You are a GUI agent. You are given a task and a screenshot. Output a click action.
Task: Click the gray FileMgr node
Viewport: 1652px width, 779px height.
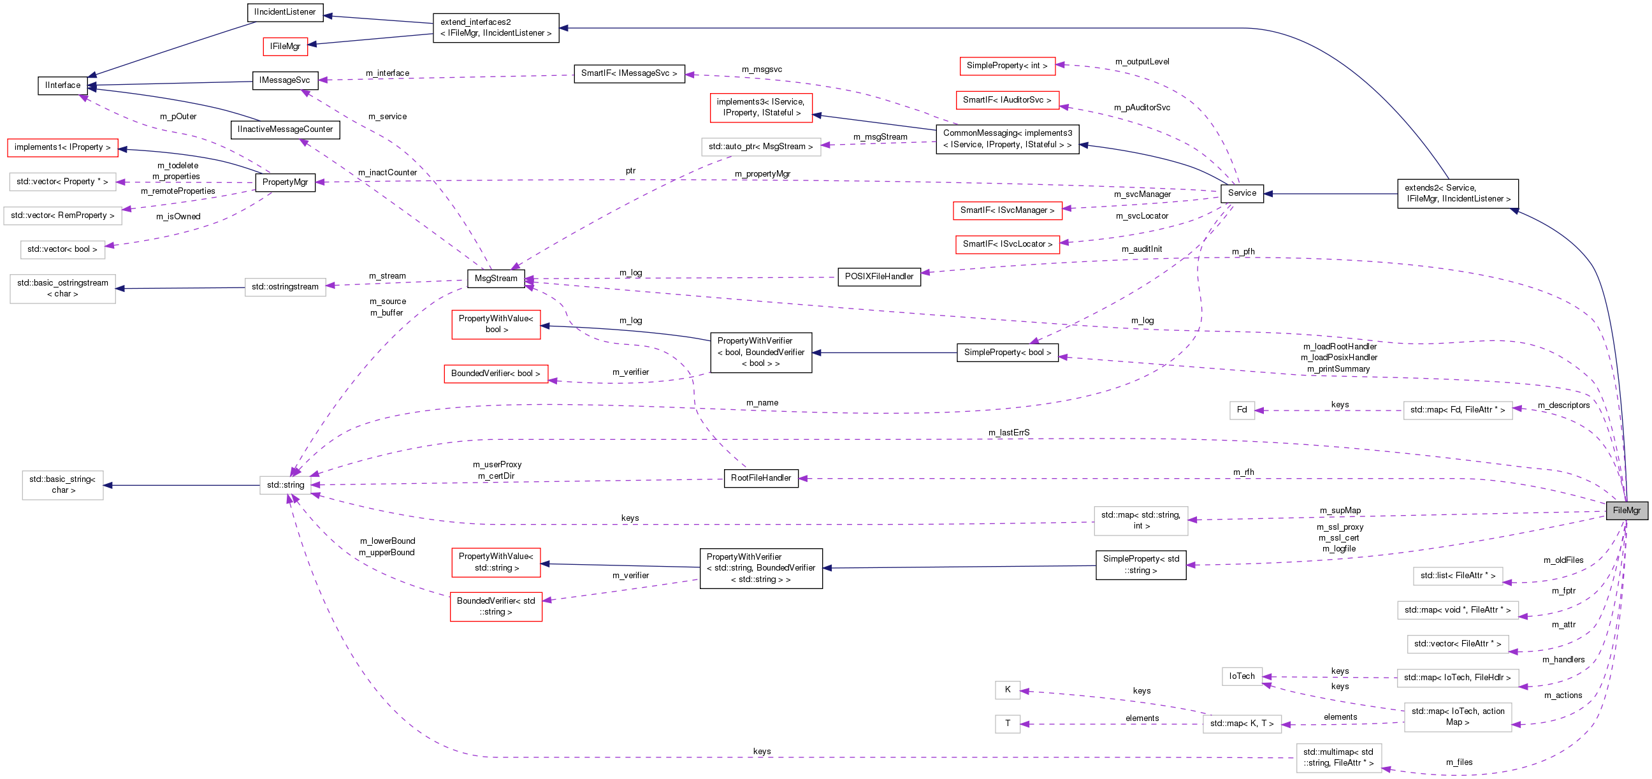click(x=1626, y=511)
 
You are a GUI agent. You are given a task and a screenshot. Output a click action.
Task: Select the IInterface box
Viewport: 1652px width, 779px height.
click(x=63, y=85)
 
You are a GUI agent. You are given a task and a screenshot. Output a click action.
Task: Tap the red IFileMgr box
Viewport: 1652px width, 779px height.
click(x=286, y=46)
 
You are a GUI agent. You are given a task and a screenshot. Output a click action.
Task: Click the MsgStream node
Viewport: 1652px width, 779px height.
click(x=496, y=279)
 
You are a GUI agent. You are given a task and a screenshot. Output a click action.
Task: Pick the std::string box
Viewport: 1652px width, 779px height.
click(x=286, y=485)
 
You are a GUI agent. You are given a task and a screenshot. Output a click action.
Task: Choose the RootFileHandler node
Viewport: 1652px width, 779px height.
click(x=760, y=478)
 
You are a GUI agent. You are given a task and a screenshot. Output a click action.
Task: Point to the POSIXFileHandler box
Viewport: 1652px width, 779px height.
click(x=879, y=277)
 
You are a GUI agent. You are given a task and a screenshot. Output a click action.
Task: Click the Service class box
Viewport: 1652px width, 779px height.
click(x=1242, y=193)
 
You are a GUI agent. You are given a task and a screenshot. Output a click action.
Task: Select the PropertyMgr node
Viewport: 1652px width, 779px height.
click(x=286, y=182)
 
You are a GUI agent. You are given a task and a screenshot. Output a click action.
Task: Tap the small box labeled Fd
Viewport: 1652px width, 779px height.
click(x=1242, y=410)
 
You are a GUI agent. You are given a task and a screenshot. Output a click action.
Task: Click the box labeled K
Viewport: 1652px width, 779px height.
click(x=1008, y=690)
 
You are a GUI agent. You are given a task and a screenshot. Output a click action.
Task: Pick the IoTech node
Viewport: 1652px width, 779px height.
click(x=1242, y=676)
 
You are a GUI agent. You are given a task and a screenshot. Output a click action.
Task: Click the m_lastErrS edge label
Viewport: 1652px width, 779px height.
click(x=1009, y=433)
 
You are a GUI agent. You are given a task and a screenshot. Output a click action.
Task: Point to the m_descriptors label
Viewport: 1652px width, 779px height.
click(x=1563, y=405)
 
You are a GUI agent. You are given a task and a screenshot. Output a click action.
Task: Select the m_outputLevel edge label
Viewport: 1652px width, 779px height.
click(x=1142, y=62)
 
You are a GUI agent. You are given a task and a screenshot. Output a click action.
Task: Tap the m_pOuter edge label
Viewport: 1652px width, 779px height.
click(x=178, y=117)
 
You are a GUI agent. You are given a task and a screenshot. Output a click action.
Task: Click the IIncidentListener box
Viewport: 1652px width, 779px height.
click(x=285, y=12)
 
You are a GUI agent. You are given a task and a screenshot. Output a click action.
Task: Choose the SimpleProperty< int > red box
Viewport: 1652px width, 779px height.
click(x=1007, y=66)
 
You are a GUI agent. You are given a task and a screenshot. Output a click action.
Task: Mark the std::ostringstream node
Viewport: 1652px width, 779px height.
click(x=285, y=287)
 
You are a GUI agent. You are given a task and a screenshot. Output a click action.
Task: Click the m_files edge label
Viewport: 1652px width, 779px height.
click(x=1459, y=762)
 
